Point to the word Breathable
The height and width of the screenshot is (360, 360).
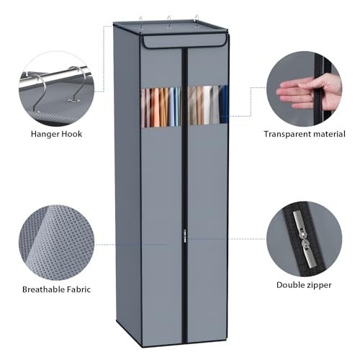[x=43, y=289]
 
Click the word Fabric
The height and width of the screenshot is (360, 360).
[x=78, y=289]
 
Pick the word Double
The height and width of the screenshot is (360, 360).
[x=289, y=285]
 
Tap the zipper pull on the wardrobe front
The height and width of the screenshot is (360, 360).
[x=184, y=236]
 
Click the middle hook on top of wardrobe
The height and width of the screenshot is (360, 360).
[x=169, y=22]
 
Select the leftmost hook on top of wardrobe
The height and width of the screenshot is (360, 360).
[x=141, y=23]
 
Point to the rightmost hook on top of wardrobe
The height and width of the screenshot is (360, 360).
[x=197, y=21]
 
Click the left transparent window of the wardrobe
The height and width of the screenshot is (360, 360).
[x=161, y=107]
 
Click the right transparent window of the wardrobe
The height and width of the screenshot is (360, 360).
[x=207, y=105]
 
